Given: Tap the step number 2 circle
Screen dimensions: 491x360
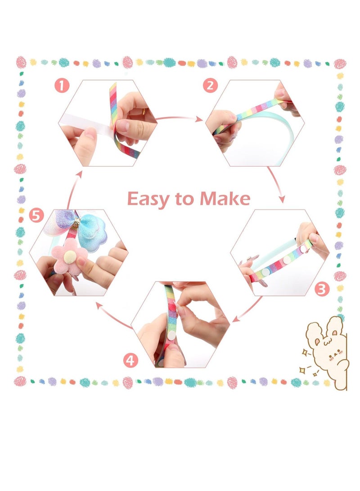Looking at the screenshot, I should click(210, 85).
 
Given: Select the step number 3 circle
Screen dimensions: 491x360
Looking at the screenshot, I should click(321, 289).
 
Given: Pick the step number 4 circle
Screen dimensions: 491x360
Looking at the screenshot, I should click(130, 360).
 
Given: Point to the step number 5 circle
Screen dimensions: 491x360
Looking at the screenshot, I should click(37, 216).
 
